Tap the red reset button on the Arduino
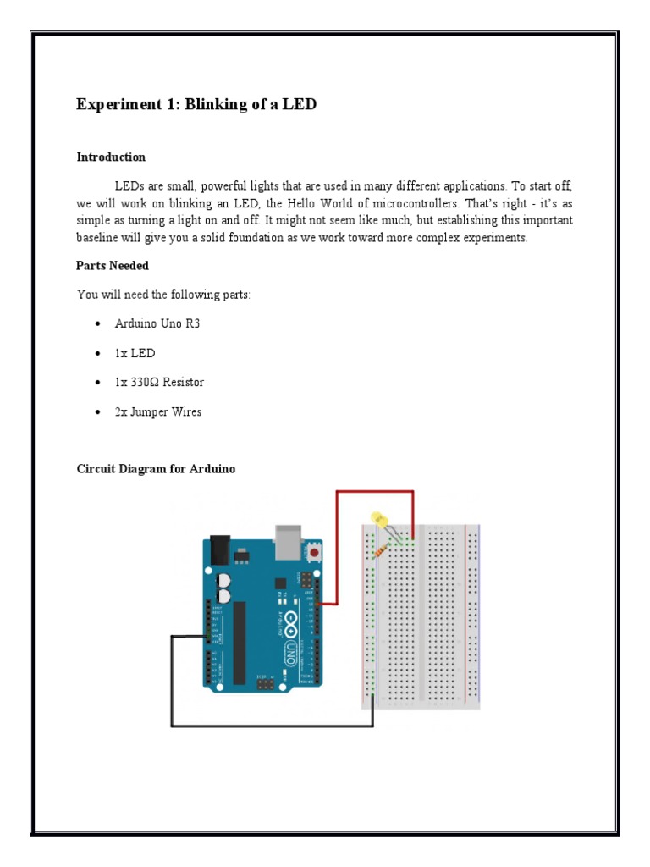[x=315, y=552]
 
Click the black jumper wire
[x=271, y=725]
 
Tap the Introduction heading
[x=111, y=157]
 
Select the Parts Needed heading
[x=113, y=266]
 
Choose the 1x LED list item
[x=135, y=353]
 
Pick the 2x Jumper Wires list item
[x=158, y=412]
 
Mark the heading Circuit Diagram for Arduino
[x=156, y=468]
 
